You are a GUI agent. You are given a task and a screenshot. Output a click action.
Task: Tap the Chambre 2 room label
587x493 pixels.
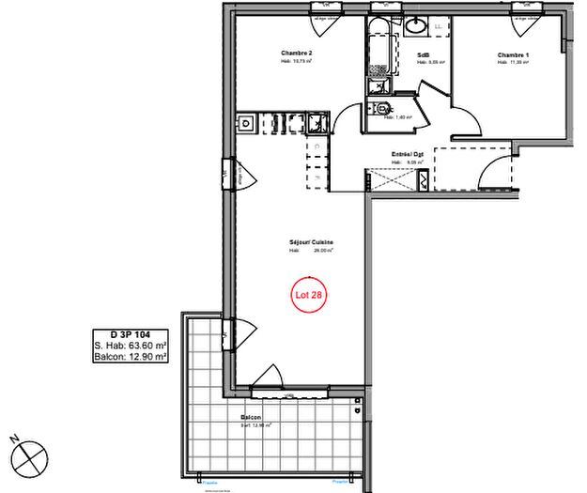click(x=297, y=53)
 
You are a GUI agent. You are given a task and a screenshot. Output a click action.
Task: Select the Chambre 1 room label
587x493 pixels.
click(x=513, y=56)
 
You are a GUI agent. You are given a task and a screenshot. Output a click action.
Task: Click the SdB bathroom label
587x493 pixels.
click(x=425, y=55)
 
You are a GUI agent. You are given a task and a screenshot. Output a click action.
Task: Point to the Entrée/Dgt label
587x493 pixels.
click(x=408, y=154)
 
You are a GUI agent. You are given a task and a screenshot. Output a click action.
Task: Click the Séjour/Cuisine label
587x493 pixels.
click(x=312, y=242)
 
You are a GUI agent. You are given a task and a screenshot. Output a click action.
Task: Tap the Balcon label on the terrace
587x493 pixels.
click(x=251, y=418)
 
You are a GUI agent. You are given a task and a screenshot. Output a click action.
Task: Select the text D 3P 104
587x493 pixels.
click(x=131, y=334)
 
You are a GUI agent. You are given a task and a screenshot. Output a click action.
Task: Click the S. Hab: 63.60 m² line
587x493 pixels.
click(x=131, y=346)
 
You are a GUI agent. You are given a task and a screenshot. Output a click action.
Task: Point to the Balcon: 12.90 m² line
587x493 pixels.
click(x=131, y=357)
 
